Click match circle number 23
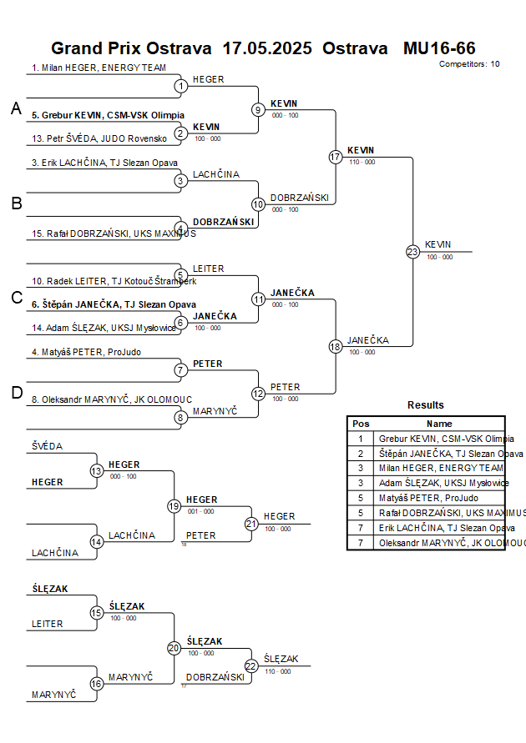[412, 251]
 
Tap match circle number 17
[336, 157]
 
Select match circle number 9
[258, 109]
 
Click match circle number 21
[250, 524]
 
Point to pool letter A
[16, 108]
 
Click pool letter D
[16, 393]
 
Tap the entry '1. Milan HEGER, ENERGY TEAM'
[99, 68]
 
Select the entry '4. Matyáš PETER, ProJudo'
[86, 352]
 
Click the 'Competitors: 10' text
[469, 63]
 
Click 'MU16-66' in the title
[439, 48]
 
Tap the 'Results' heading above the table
[426, 404]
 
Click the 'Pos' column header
[361, 424]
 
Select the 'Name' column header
[439, 424]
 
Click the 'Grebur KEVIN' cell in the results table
[446, 438]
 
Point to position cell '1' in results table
[361, 438]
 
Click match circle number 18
[336, 346]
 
